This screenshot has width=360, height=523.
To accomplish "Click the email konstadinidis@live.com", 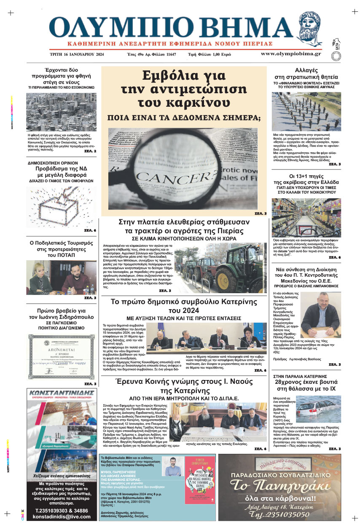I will [62, 516].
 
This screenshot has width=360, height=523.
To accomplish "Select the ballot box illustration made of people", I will [62, 205].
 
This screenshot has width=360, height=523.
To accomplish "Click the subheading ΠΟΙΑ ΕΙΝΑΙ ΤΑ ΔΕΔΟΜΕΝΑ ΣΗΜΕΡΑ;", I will [184, 118].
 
